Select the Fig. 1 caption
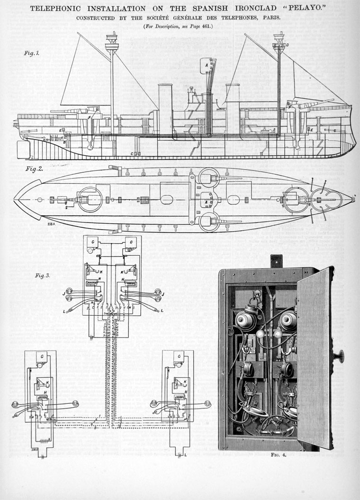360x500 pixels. pos(32,53)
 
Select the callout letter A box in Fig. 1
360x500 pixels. pos(206,66)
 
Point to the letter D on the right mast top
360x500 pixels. pos(287,45)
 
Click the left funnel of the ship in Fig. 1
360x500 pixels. pos(165,109)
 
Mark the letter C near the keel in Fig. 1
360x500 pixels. pos(132,154)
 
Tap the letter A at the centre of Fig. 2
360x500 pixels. pos(206,202)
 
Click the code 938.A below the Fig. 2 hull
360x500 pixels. pos(51,219)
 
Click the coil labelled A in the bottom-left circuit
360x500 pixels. pos(42,439)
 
